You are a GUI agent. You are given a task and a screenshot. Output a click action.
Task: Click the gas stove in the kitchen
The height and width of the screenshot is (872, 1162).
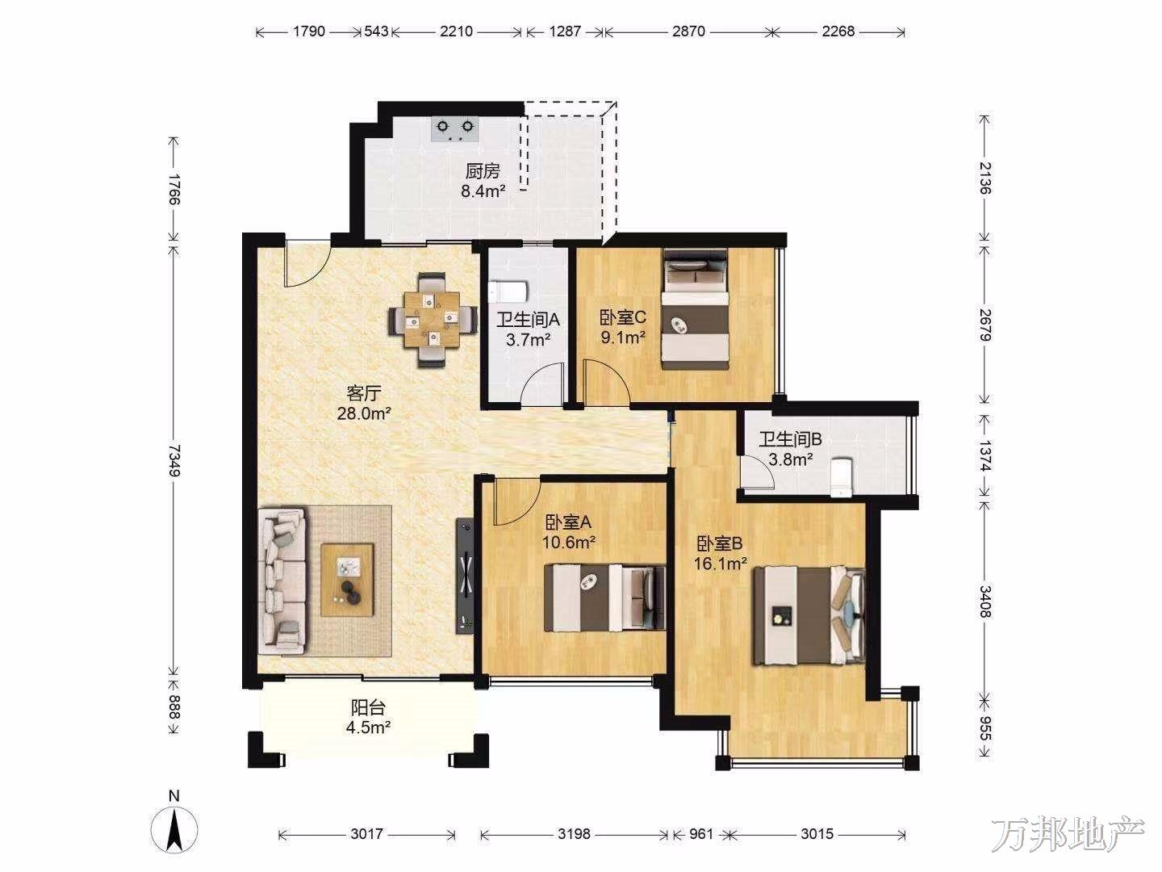click(455, 130)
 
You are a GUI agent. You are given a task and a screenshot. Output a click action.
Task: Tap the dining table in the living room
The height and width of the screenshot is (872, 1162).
click(432, 319)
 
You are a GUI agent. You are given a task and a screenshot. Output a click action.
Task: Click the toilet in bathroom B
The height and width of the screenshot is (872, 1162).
click(841, 477)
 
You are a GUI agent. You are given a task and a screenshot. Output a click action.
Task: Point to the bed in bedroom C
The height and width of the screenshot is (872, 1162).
click(695, 310)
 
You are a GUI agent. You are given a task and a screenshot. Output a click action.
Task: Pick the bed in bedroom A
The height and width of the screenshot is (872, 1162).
click(604, 597)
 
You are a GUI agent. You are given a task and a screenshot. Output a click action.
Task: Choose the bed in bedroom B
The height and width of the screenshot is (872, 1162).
click(809, 615)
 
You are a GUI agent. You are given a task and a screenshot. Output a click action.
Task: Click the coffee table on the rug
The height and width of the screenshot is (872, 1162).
click(347, 579)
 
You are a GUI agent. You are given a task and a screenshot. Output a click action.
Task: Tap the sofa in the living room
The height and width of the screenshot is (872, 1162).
click(282, 581)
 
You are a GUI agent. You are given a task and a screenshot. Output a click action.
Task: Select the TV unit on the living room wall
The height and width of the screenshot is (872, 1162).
click(466, 574)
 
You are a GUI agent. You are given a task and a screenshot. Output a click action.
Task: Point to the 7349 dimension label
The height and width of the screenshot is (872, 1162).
click(174, 459)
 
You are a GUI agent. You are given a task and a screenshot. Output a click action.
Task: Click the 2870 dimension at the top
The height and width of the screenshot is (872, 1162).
click(688, 31)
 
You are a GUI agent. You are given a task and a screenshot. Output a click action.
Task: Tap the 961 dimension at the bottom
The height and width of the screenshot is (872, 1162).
click(701, 834)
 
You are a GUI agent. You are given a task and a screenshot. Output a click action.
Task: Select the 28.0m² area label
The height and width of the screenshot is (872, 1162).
click(364, 413)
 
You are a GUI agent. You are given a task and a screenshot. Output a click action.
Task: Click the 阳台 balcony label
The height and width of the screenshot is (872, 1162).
click(369, 708)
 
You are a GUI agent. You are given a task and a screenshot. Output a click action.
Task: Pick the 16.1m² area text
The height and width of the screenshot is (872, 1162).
click(721, 564)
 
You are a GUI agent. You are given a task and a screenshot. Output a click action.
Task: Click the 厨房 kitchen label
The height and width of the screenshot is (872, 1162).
click(483, 171)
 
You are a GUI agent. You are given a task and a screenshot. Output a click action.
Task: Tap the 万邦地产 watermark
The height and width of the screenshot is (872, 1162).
click(1068, 835)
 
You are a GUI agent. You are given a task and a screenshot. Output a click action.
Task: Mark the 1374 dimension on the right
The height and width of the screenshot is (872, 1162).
click(984, 455)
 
